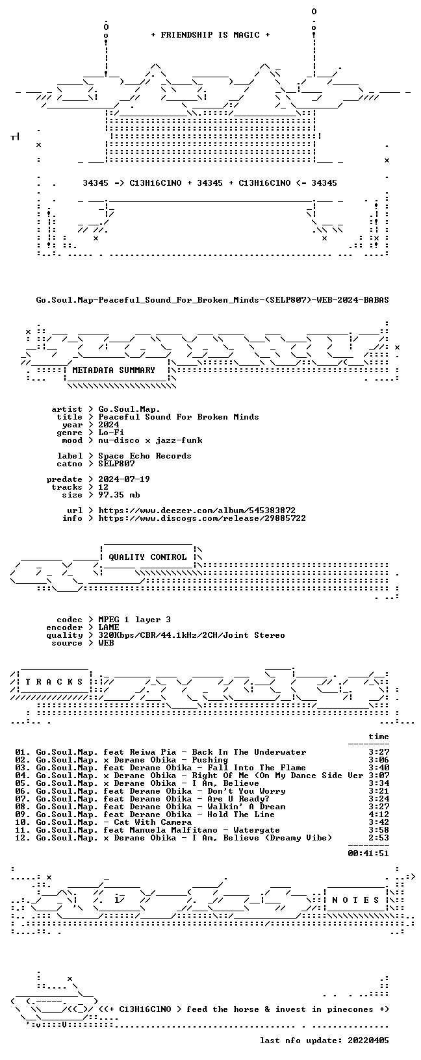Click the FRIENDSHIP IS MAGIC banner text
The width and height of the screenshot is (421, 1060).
click(x=210, y=35)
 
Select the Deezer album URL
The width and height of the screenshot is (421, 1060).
click(x=197, y=511)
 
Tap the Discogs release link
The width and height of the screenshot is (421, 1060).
click(x=202, y=518)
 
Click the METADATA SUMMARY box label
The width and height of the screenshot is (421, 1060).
click(x=114, y=370)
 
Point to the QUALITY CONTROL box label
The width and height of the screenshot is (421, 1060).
click(x=147, y=557)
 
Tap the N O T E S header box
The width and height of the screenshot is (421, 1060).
click(x=355, y=900)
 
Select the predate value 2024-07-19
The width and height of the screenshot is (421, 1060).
click(x=124, y=479)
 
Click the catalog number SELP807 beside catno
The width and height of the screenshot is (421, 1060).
click(x=116, y=464)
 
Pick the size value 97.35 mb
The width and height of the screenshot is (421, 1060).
click(x=119, y=495)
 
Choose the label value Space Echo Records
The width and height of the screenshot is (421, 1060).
click(x=145, y=456)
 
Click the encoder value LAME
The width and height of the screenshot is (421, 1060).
click(x=108, y=627)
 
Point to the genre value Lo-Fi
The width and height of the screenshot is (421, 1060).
click(x=111, y=433)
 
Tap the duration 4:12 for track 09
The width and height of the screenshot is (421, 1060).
click(x=379, y=814)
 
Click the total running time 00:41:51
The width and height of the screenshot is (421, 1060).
click(x=368, y=853)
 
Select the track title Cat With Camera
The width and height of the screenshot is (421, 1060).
click(x=153, y=822)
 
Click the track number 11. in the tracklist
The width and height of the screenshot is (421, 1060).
click(x=22, y=830)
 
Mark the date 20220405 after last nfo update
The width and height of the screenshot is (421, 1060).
click(x=368, y=1040)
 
